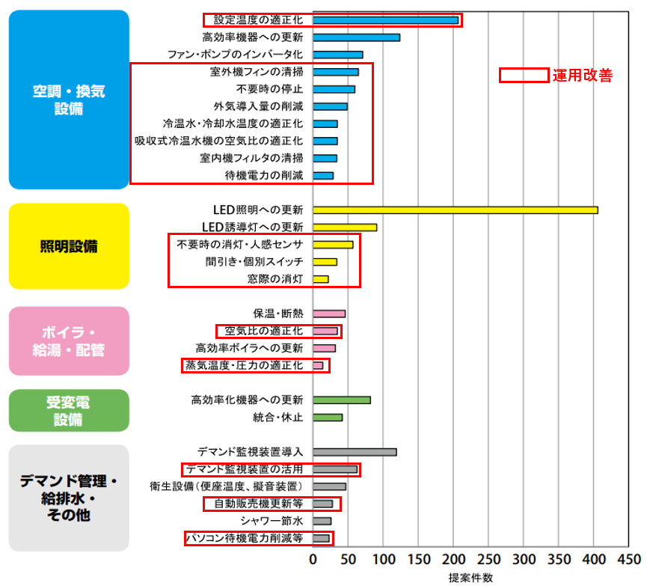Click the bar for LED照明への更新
pyautogui.click(x=456, y=210)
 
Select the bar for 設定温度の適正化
pyautogui.click(x=385, y=20)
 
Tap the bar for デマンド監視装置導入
pyautogui.click(x=355, y=452)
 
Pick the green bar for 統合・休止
pyautogui.click(x=328, y=418)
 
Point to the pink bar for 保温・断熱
pyautogui.click(x=329, y=314)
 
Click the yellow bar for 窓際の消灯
pyautogui.click(x=320, y=279)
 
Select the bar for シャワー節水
pyautogui.click(x=322, y=522)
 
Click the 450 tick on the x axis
pyautogui.click(x=629, y=560)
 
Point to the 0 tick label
pyautogui.click(x=313, y=560)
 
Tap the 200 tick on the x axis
pyautogui.click(x=453, y=560)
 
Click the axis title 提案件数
pyautogui.click(x=470, y=578)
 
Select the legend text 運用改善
pyautogui.click(x=583, y=76)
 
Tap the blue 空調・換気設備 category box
pyautogui.click(x=69, y=100)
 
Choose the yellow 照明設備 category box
pyautogui.click(x=69, y=246)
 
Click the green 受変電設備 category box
pyautogui.click(x=69, y=411)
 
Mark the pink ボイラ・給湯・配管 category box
pyautogui.click(x=69, y=341)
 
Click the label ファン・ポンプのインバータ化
pyautogui.click(x=235, y=55)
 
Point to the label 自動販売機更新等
pyautogui.click(x=259, y=504)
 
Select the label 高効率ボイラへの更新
pyautogui.click(x=250, y=348)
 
